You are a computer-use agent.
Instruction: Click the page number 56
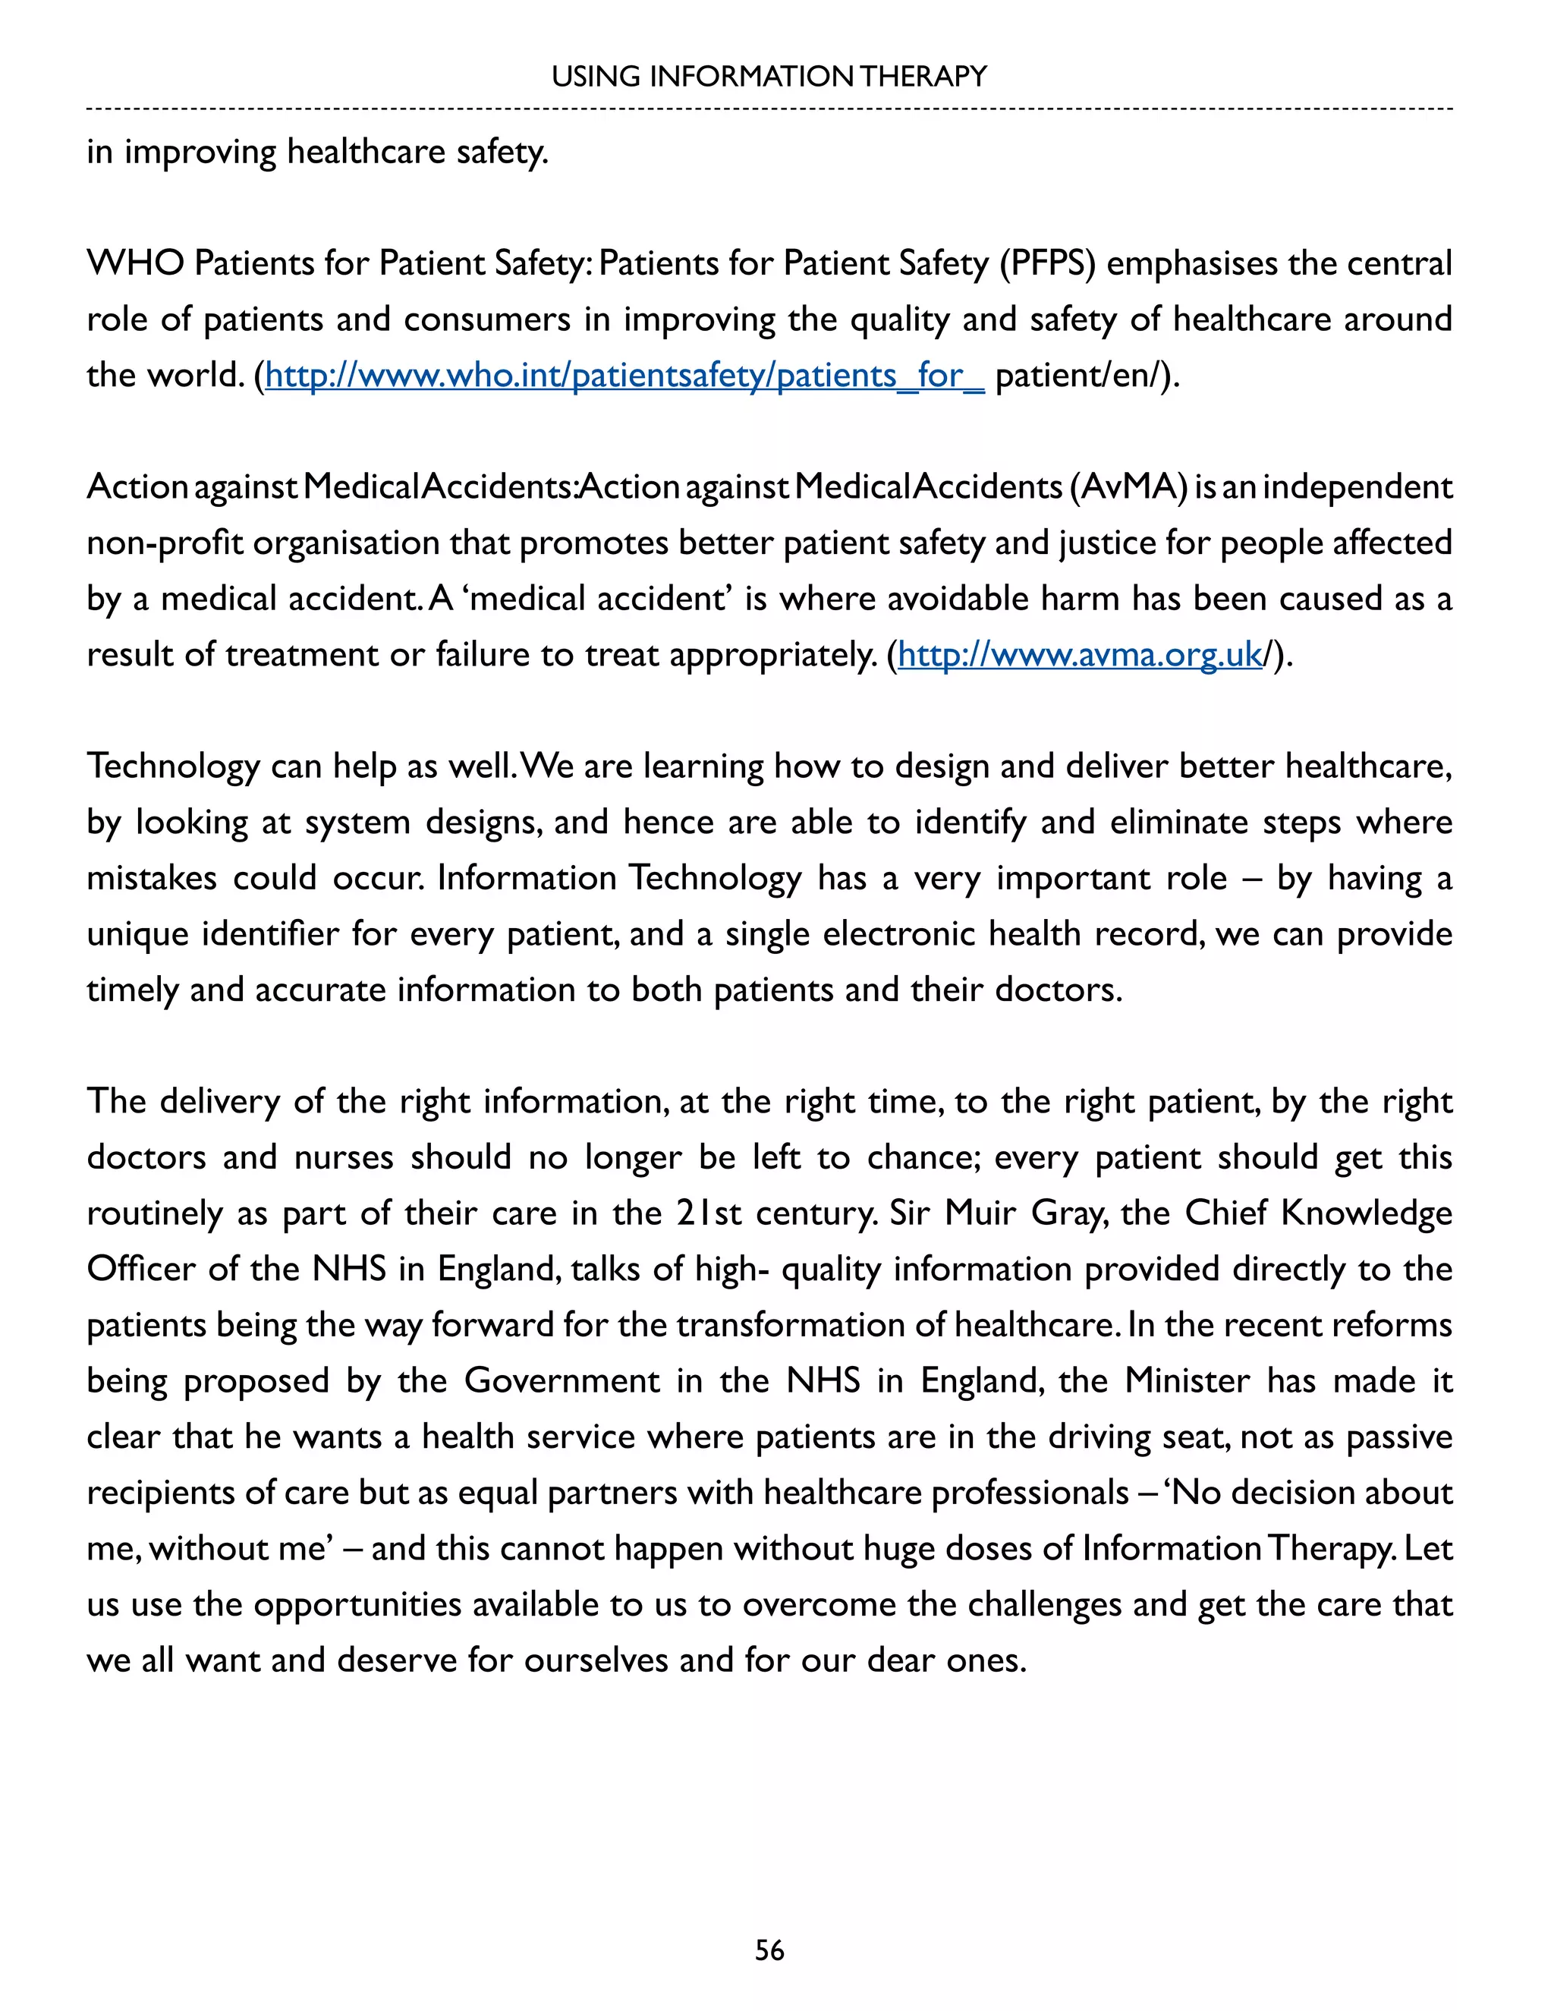769,1950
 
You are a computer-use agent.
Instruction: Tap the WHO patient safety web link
624,376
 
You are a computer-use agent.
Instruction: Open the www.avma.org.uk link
1079,655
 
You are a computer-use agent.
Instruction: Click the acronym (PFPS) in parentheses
1049,263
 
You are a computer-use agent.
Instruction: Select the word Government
562,1380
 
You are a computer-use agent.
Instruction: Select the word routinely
154,1214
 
